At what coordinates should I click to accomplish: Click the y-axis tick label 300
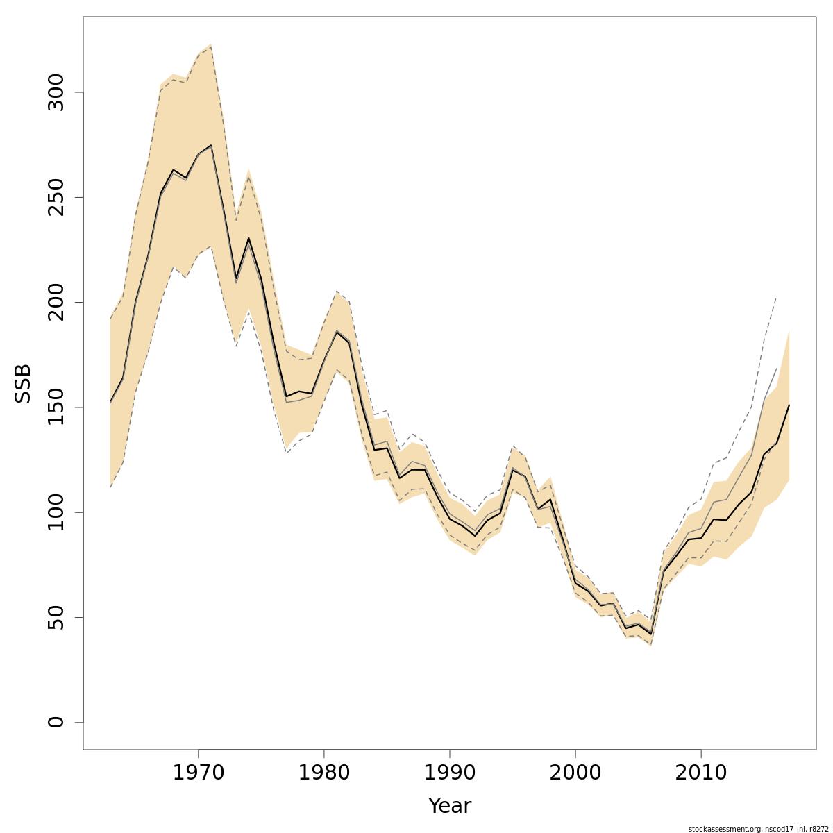click(57, 92)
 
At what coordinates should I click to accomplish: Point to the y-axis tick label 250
click(57, 197)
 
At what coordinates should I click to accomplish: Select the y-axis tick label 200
click(57, 302)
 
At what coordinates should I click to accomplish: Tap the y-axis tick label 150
click(57, 407)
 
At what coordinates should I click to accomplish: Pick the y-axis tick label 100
click(57, 512)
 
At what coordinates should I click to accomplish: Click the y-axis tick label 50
click(57, 617)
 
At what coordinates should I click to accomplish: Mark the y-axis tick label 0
click(57, 722)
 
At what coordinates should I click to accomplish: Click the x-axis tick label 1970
click(199, 773)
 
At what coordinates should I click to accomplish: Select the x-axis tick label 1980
click(324, 773)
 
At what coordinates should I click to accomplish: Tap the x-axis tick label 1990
click(450, 773)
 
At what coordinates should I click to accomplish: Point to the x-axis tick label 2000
click(575, 773)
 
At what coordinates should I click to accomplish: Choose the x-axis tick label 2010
click(701, 773)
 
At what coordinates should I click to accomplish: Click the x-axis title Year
click(449, 806)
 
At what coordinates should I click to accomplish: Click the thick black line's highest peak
click(211, 146)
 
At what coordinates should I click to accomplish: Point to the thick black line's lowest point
click(650, 633)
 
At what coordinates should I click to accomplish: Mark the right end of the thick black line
click(789, 405)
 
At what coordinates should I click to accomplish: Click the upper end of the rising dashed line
click(776, 297)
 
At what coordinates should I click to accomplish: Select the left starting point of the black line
click(110, 402)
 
